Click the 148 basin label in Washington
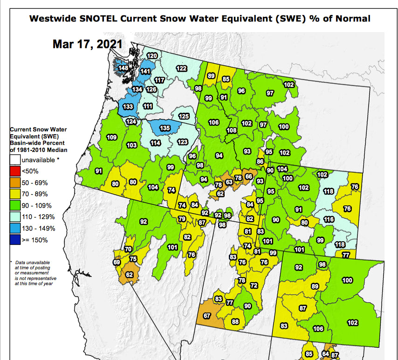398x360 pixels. coord(123,68)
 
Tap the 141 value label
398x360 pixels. coord(146,71)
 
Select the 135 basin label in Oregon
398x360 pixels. coord(165,128)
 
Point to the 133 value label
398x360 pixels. coord(128,107)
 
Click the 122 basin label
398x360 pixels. coord(181,68)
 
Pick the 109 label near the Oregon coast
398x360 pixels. coord(112,137)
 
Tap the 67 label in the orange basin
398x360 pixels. coord(208,316)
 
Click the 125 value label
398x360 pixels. coord(184,116)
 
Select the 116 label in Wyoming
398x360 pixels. coord(329,219)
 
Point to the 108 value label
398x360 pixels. coord(232,130)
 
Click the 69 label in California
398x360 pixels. coord(117,263)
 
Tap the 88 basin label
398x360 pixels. coord(235,322)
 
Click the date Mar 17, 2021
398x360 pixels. coord(87,44)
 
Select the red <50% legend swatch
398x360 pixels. coord(15,171)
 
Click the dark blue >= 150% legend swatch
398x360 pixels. coord(15,240)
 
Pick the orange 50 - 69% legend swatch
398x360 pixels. coord(15,183)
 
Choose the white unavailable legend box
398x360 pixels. coord(15,159)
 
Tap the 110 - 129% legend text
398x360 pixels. coord(38,217)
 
